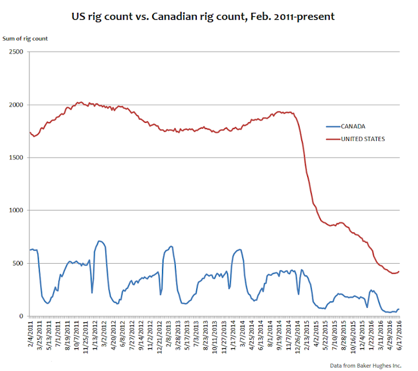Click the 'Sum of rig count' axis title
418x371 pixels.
coord(28,38)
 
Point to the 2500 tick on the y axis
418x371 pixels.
coord(18,52)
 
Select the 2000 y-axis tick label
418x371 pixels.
coord(18,105)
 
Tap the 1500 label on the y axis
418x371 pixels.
coord(18,158)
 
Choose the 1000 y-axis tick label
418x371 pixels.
coord(18,210)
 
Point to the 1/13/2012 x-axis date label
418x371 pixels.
coord(96,334)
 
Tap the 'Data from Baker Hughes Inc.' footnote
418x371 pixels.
coord(366,365)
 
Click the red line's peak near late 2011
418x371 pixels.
coord(80,103)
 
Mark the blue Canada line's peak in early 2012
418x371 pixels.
coord(99,241)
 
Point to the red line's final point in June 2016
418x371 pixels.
coord(399,271)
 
